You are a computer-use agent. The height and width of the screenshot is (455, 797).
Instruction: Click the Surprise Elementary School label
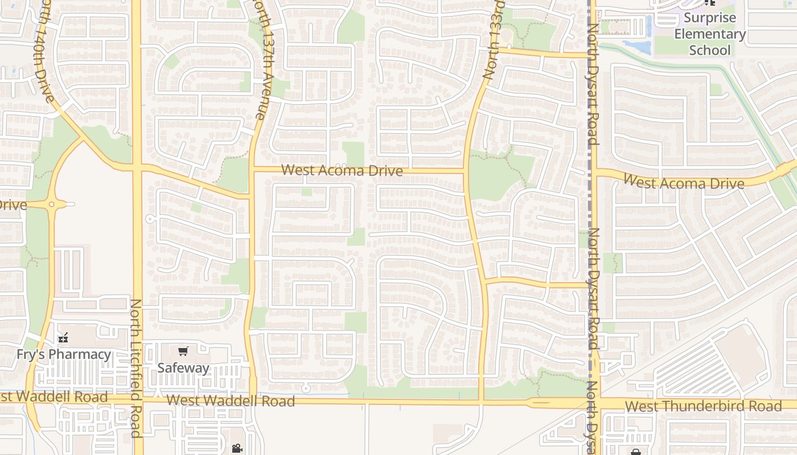coord(709,34)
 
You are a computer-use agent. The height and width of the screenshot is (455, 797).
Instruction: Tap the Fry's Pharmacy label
coord(64,354)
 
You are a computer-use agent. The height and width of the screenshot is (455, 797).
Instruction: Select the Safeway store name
coord(183,368)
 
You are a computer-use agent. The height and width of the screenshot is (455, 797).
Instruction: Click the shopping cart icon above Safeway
coord(183,351)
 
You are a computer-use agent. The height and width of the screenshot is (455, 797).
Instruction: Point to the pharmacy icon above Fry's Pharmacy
coord(63,338)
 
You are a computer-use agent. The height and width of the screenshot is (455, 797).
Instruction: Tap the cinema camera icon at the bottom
coord(237,448)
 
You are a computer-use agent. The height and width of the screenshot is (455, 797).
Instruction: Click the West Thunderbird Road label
coord(703,407)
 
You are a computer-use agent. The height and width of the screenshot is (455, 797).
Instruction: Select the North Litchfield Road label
coord(135,368)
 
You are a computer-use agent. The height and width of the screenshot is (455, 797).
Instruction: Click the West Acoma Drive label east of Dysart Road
coord(684,183)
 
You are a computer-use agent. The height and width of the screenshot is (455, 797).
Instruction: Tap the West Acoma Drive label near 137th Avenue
coord(342,170)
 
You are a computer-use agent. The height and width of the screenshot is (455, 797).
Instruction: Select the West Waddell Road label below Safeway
coord(231,401)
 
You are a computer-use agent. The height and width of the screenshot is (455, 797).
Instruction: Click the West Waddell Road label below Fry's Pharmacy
coord(54,396)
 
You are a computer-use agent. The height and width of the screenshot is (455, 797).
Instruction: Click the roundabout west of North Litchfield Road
coord(52,204)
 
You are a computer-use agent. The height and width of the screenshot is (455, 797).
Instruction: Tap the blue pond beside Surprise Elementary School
coord(636,46)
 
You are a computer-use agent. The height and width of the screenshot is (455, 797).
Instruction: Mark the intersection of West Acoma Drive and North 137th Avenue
coord(251,169)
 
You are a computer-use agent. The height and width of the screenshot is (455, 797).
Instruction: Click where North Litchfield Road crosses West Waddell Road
coord(137,400)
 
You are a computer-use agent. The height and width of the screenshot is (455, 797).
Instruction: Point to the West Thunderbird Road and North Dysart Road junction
coord(593,403)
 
